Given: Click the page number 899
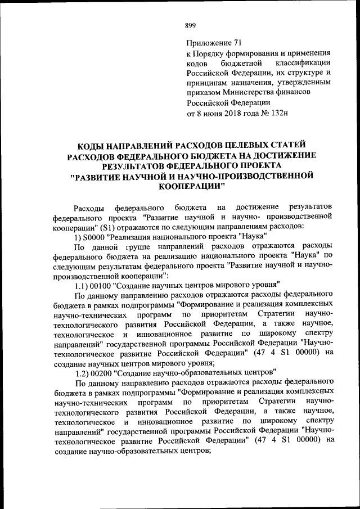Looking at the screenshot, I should pyautogui.click(x=191, y=25).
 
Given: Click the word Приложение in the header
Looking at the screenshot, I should pyautogui.click(x=207, y=43).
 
